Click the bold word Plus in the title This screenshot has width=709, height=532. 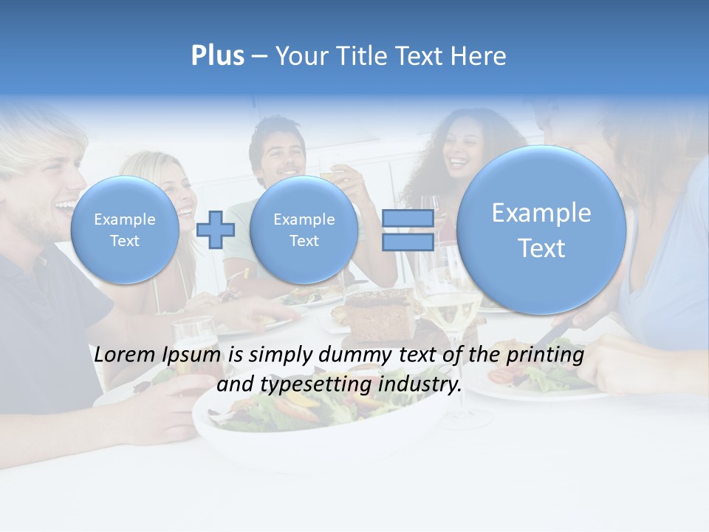[x=217, y=56]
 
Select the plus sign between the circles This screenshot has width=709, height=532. [x=216, y=230]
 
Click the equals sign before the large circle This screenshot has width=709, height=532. [x=408, y=230]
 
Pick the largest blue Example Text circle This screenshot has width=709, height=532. [x=541, y=230]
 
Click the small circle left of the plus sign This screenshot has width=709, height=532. [x=125, y=230]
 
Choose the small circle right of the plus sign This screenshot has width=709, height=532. [x=304, y=230]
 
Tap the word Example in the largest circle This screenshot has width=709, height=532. [x=541, y=213]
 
